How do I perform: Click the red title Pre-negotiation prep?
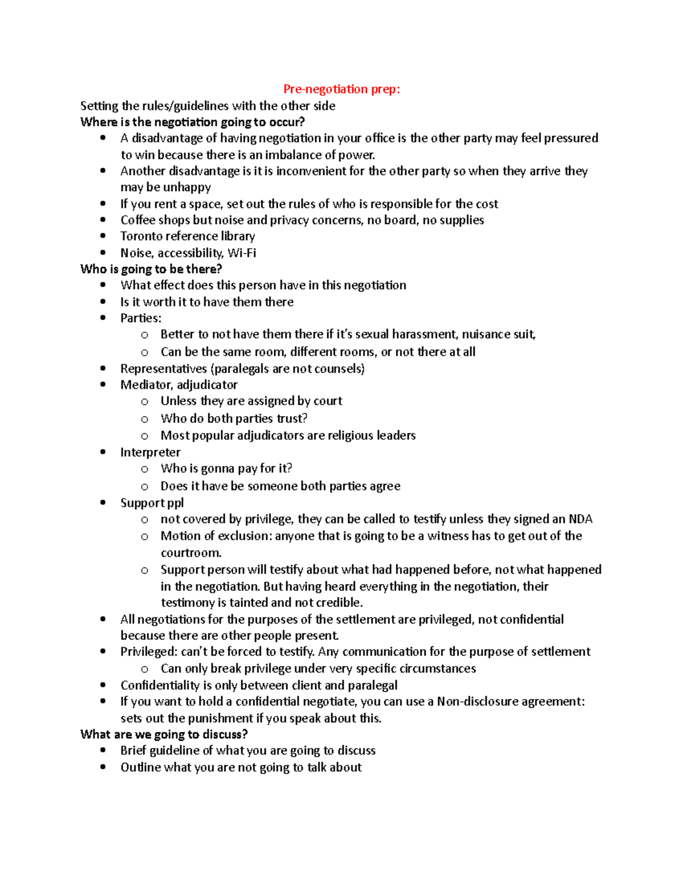pyautogui.click(x=341, y=89)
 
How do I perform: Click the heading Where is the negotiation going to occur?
pyautogui.click(x=192, y=122)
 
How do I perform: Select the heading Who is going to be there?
pyautogui.click(x=151, y=269)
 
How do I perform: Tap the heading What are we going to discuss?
pyautogui.click(x=164, y=734)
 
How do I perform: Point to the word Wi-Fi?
pyautogui.click(x=242, y=253)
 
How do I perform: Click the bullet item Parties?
pyautogui.click(x=141, y=318)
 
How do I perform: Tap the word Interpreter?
pyautogui.click(x=150, y=453)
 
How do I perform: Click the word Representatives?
pyautogui.click(x=164, y=369)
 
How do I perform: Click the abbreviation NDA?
pyautogui.click(x=581, y=519)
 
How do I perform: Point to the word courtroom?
pyautogui.click(x=190, y=553)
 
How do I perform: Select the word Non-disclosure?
pyautogui.click(x=477, y=701)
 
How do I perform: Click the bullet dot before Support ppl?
pyautogui.click(x=103, y=503)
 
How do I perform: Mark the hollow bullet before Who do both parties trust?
pyautogui.click(x=145, y=419)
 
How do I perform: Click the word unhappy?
pyautogui.click(x=187, y=187)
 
